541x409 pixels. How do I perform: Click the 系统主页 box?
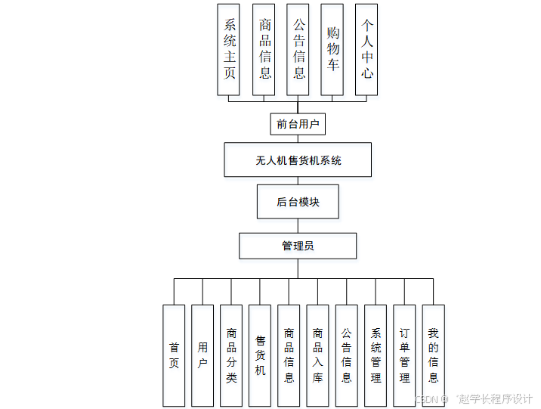228,50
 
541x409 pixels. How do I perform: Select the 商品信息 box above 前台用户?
263,50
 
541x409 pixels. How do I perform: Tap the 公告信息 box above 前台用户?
298,50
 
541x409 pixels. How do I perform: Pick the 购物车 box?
332,50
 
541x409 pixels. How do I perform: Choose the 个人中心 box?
366,50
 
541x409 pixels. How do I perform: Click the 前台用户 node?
298,124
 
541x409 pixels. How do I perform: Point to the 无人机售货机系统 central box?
298,160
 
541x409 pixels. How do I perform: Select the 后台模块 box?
298,202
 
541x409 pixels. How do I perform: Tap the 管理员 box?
298,246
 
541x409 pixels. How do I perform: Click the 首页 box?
174,355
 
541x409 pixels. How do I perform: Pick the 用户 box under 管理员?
202,355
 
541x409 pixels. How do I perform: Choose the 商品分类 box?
231,355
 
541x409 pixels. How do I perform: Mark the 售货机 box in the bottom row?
260,355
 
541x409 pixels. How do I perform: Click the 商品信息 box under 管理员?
289,355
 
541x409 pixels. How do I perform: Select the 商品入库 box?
317,355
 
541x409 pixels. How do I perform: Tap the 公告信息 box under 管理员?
346,355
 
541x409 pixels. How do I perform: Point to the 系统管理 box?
376,355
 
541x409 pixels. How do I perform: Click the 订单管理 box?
404,355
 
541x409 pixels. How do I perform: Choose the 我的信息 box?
433,355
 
